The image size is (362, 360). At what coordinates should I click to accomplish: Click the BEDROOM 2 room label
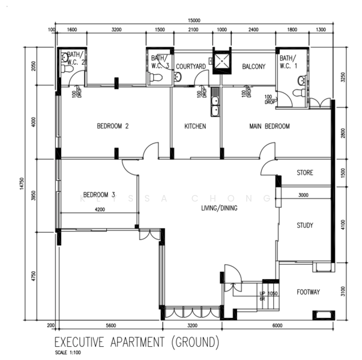coord(113,127)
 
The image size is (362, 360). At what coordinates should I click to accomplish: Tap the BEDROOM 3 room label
coord(98,194)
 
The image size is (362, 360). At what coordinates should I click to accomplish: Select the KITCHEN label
coord(195,127)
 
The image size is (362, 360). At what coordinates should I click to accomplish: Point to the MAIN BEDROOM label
coord(270,127)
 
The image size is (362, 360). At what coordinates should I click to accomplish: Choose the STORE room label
coord(305,173)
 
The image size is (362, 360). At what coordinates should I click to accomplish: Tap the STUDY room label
coord(305,226)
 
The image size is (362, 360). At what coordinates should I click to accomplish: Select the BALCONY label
coord(253,67)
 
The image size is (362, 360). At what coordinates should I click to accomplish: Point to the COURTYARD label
coord(191,67)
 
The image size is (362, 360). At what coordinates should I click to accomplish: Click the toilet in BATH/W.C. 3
coord(157,78)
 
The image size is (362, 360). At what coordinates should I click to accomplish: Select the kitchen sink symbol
coord(214,104)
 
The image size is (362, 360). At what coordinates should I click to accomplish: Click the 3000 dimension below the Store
coord(303,195)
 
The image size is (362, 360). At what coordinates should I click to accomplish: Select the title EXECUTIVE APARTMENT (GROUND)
coord(137,343)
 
